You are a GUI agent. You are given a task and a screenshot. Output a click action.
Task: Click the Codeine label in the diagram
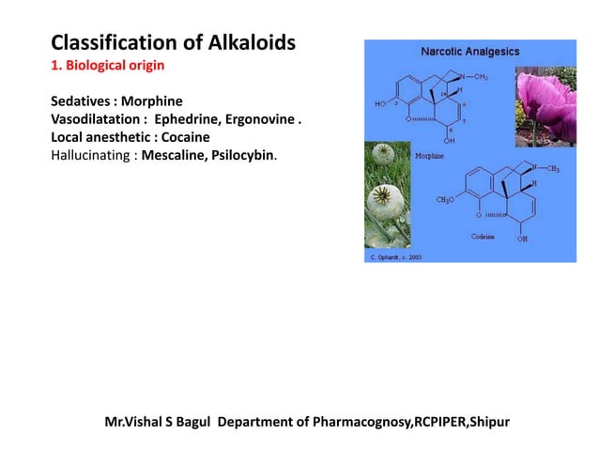[484, 236]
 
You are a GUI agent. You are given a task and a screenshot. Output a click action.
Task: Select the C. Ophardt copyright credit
[392, 256]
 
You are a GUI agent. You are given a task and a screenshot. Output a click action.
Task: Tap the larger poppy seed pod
[383, 201]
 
